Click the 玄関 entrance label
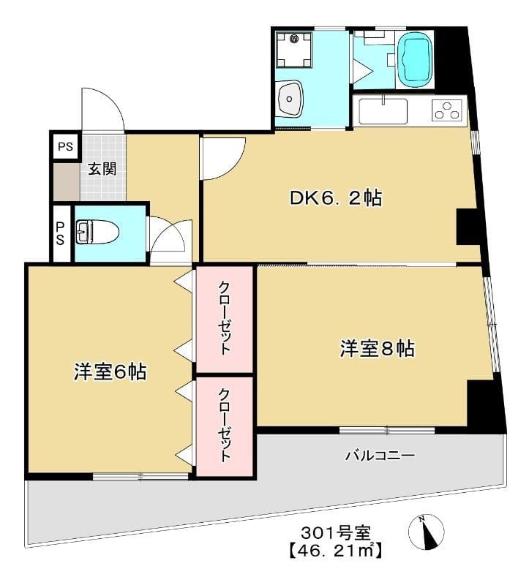point(102,169)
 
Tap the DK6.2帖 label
point(336,197)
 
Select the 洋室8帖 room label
point(376,349)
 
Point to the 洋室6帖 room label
point(110,371)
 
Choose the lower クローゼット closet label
point(225,426)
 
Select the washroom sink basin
point(291,99)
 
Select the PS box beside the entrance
point(65,146)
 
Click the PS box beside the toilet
point(61,233)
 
